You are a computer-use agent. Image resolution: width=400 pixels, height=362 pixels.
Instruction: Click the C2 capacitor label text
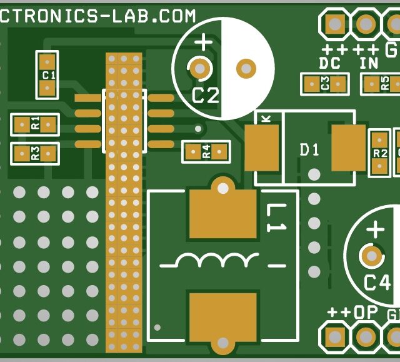(206, 96)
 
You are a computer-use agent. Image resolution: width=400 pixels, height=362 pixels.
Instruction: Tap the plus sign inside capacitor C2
(203, 43)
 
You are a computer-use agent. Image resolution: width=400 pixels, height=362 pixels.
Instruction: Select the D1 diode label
(309, 150)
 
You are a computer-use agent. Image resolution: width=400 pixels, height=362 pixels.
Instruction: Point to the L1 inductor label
(274, 219)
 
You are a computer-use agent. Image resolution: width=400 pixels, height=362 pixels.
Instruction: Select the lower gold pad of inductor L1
(222, 316)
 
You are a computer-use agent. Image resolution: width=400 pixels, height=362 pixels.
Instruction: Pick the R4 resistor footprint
(206, 151)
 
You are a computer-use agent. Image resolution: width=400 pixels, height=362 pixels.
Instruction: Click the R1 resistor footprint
(34, 123)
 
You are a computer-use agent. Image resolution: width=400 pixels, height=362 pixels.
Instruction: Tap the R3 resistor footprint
(34, 153)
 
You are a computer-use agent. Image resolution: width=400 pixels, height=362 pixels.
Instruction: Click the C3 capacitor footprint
(324, 84)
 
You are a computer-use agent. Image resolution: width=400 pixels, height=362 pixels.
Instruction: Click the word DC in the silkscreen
(329, 64)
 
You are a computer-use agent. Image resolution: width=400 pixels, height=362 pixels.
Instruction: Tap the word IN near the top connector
(369, 64)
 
